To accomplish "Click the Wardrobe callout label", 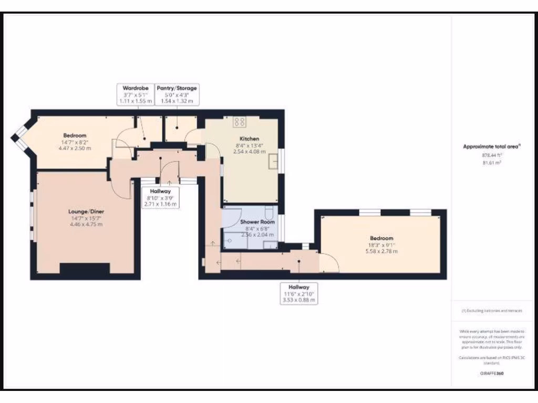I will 136,94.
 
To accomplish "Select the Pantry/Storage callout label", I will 177,94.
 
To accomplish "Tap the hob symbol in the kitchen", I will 240,122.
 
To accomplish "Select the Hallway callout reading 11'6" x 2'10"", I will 299,294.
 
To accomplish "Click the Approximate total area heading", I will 491,147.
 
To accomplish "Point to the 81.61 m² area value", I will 491,163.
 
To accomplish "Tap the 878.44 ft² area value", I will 491,155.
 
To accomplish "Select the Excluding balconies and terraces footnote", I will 491,311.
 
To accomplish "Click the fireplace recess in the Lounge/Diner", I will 85,268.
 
